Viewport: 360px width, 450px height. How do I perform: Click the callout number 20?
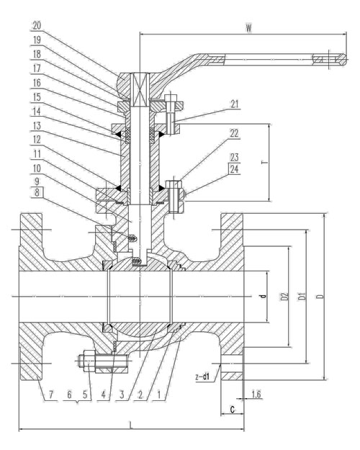[37, 26]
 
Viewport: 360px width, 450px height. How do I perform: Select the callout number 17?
[37, 68]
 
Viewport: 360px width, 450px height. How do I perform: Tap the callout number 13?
[37, 126]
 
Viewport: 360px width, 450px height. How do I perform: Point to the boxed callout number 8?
[37, 192]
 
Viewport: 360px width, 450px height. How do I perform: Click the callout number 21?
[235, 104]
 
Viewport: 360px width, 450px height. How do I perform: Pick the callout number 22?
[234, 133]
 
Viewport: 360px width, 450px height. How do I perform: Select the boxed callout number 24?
[234, 168]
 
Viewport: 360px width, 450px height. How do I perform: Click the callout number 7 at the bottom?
[51, 395]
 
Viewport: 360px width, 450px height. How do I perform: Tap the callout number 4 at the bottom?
[104, 395]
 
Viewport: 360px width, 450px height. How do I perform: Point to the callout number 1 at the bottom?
[158, 395]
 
